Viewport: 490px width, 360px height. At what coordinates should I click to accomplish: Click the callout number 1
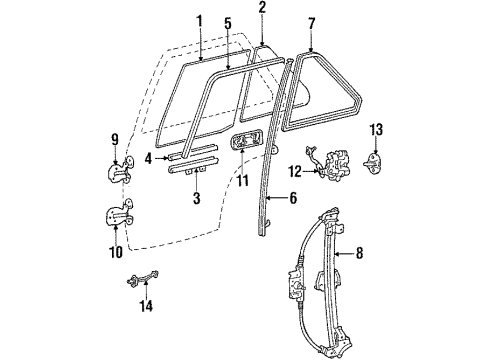pyautogui.click(x=199, y=21)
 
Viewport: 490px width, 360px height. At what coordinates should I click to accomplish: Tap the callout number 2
pyautogui.click(x=262, y=8)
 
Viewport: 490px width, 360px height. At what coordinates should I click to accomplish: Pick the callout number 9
pyautogui.click(x=114, y=141)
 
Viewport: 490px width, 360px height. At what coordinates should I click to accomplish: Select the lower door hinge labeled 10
pyautogui.click(x=120, y=215)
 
